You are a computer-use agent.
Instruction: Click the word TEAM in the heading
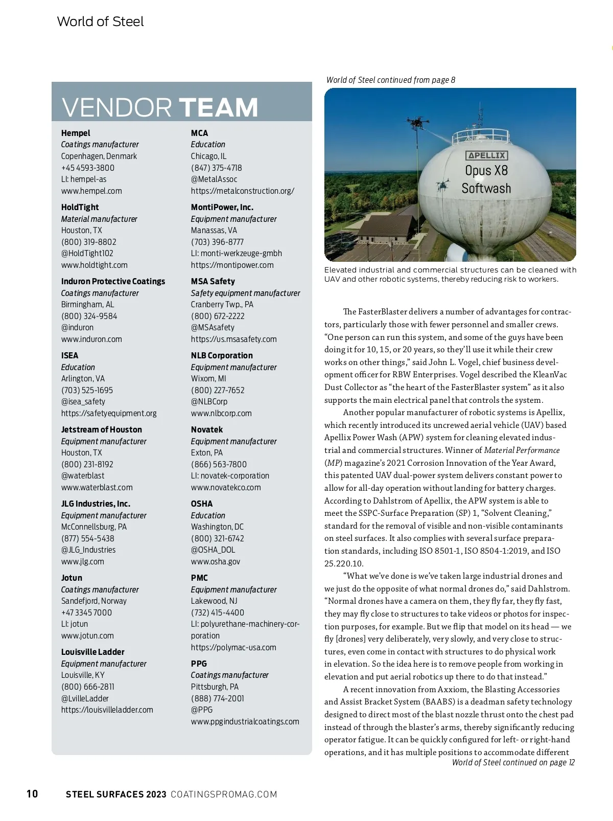click(218, 107)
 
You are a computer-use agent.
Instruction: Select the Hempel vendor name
click(76, 133)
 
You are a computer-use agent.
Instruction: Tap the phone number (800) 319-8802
click(89, 242)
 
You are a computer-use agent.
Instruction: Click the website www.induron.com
click(91, 339)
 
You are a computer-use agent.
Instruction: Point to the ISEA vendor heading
click(70, 355)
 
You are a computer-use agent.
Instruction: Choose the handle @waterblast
click(83, 475)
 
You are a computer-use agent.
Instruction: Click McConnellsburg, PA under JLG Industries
click(94, 527)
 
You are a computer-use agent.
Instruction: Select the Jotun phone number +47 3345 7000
click(86, 612)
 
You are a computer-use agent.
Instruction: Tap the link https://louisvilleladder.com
click(107, 710)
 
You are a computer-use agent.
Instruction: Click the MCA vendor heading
click(199, 133)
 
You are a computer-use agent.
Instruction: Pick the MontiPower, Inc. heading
click(222, 207)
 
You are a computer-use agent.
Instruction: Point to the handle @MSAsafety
click(213, 327)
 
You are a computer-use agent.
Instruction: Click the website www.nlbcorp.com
click(221, 413)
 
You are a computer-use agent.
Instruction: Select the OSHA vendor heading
click(202, 504)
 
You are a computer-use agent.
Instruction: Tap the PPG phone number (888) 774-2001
click(218, 698)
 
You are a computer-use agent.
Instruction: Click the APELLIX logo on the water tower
click(486, 155)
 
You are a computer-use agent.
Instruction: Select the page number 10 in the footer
click(32, 794)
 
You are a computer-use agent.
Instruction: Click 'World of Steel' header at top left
click(100, 21)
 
